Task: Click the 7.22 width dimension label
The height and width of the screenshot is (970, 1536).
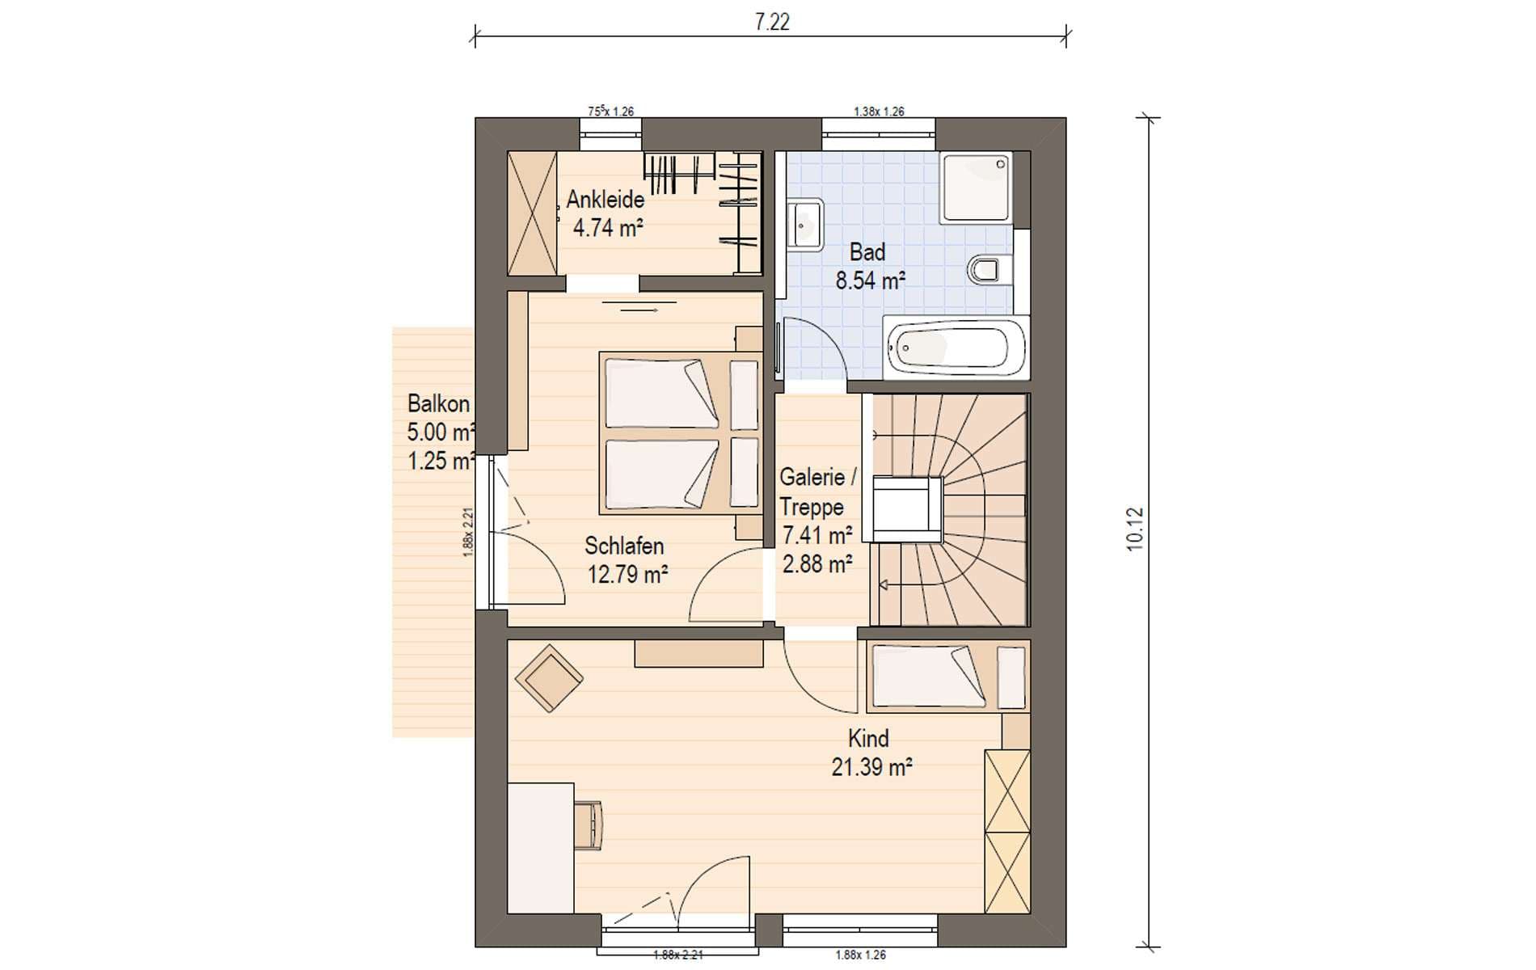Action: [x=771, y=22]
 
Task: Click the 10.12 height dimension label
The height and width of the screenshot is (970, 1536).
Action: [x=1135, y=529]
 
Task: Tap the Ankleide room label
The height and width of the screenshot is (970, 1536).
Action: [x=606, y=199]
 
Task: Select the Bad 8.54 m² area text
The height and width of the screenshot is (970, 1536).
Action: [x=870, y=280]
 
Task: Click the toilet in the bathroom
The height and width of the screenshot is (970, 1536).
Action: [x=988, y=269]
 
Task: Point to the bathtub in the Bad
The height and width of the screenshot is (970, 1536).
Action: [x=956, y=348]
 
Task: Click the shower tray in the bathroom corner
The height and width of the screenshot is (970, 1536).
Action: [x=976, y=188]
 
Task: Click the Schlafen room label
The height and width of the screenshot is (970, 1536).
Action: [x=624, y=546]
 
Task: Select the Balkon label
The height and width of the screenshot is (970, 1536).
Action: [x=438, y=403]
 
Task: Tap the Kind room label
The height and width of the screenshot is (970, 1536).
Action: [x=868, y=738]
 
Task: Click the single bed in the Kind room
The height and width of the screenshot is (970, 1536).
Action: [x=948, y=677]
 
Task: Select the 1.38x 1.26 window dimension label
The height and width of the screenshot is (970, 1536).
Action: [x=879, y=112]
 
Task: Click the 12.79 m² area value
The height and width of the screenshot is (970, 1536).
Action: [x=627, y=575]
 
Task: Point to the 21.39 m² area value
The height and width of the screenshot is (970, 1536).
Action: [x=871, y=766]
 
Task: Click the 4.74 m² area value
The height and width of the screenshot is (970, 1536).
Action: [x=608, y=228]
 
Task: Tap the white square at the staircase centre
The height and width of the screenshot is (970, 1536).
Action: [x=907, y=509]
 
